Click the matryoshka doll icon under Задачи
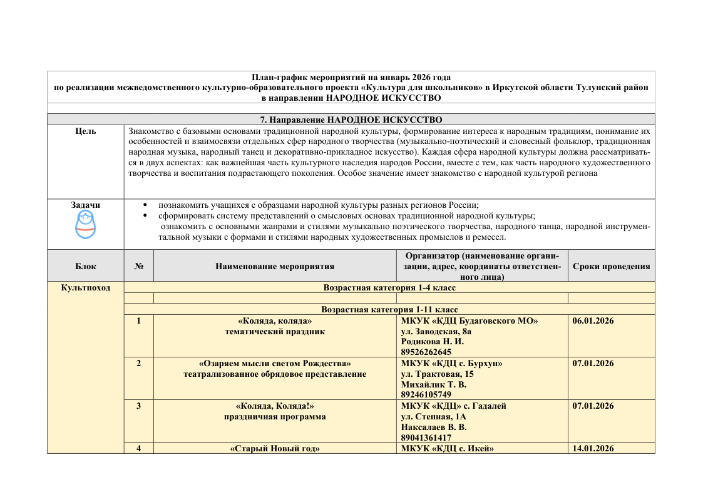86,225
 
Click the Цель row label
85,131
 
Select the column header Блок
85,266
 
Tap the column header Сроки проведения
611,266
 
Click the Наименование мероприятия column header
275,266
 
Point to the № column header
138,266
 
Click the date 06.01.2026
593,320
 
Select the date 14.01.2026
593,448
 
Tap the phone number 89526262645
426,352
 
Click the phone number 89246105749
426,395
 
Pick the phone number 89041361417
426,438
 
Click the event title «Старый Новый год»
275,448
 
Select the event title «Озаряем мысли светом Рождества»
275,363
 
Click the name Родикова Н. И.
432,342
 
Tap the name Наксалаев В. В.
434,427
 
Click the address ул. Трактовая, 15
437,374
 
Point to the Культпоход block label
85,287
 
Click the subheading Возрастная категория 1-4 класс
389,287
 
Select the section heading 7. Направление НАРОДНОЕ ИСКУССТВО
351,119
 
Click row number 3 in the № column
138,406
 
